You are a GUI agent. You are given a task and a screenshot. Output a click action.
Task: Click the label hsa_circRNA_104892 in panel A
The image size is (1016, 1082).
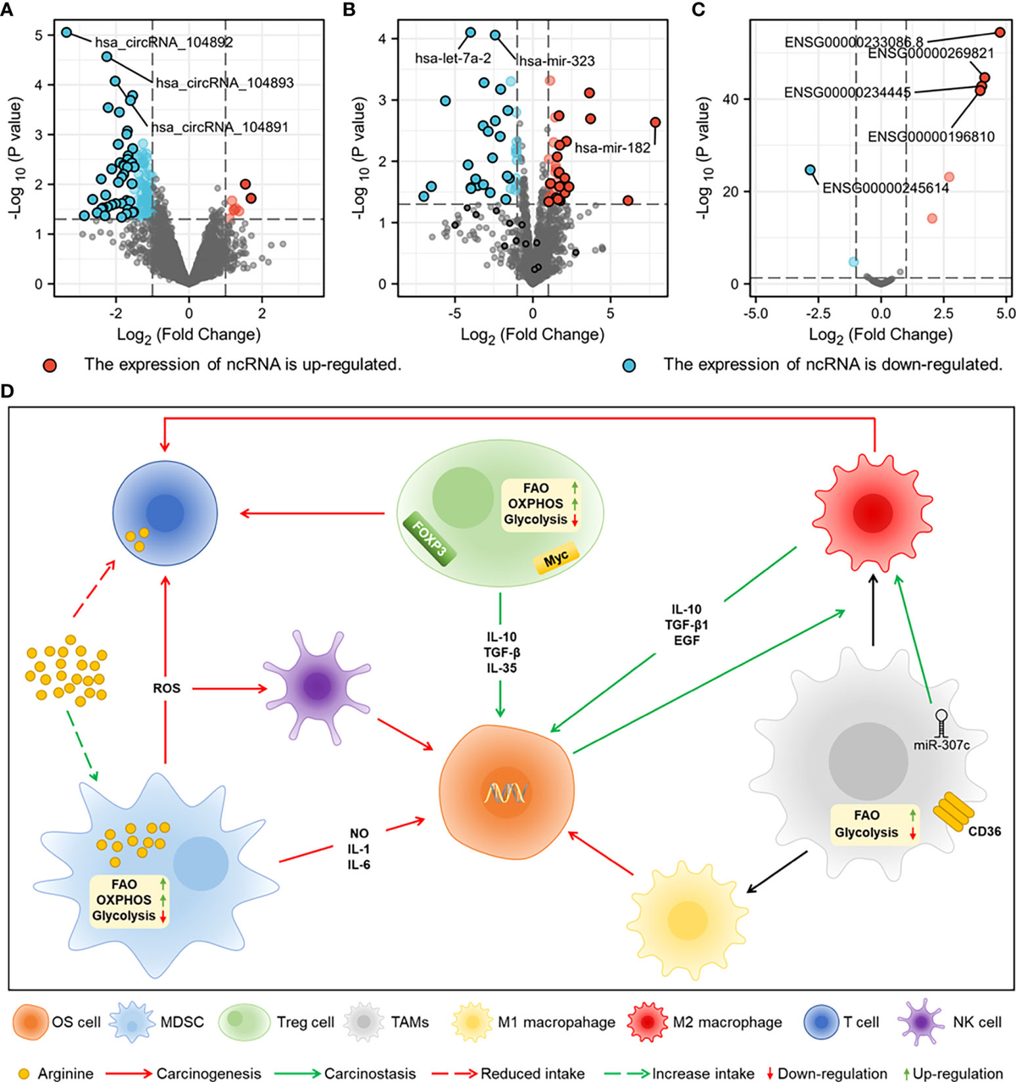click(x=163, y=42)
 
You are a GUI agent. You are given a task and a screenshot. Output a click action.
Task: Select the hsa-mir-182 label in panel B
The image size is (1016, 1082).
click(x=612, y=148)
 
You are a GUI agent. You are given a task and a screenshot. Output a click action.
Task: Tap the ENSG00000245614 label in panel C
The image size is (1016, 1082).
click(x=886, y=188)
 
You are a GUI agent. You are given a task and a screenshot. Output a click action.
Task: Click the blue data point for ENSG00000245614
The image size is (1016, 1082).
click(x=810, y=170)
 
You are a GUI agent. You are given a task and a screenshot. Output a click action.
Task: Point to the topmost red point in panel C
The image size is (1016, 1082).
click(x=999, y=32)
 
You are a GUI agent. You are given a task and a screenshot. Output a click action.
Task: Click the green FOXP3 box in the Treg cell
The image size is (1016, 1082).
click(x=429, y=538)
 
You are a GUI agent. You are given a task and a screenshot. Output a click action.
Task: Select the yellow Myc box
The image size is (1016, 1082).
click(x=556, y=557)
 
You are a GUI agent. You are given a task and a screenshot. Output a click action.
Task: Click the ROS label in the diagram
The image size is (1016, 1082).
click(x=167, y=689)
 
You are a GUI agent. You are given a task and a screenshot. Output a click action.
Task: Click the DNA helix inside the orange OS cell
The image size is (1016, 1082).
click(x=505, y=793)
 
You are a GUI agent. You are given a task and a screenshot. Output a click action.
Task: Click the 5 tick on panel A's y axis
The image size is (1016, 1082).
click(x=39, y=36)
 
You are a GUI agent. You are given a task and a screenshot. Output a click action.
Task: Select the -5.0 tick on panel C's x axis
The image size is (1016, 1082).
click(x=755, y=313)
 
